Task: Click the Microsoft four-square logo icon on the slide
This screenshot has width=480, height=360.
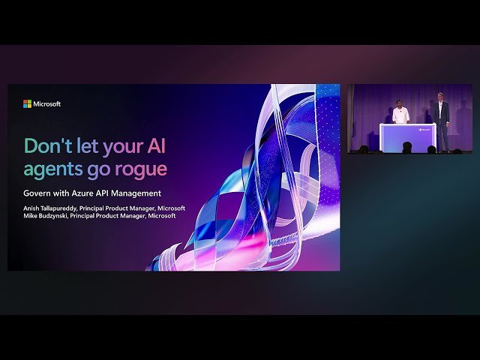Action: tap(27, 104)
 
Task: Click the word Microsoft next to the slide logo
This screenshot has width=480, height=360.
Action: tap(46, 104)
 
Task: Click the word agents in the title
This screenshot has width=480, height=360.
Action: tap(51, 169)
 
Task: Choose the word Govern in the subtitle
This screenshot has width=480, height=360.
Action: tap(37, 193)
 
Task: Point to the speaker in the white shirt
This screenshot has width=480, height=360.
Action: tap(400, 115)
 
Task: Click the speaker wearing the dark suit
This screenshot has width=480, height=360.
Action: tap(443, 118)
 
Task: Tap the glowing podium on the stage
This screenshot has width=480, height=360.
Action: tap(407, 136)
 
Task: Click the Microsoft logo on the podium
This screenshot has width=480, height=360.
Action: tap(424, 128)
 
